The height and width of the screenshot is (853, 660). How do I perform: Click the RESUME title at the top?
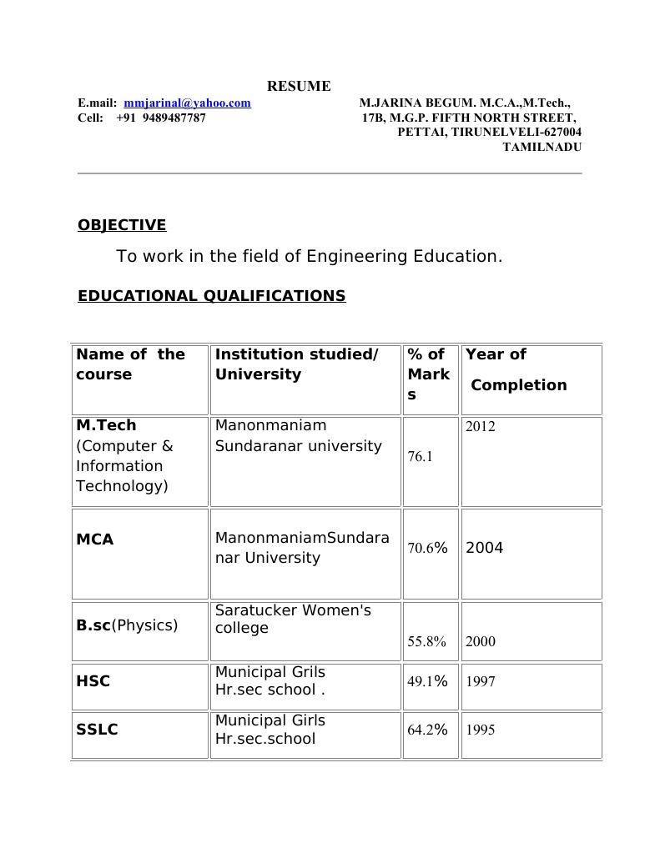tap(299, 86)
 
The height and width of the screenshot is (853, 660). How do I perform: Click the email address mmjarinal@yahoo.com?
tap(187, 103)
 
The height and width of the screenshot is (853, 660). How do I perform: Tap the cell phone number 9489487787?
tap(174, 118)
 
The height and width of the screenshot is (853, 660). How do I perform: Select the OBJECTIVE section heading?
tap(122, 225)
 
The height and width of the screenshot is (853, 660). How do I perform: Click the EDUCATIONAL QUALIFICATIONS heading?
tap(211, 296)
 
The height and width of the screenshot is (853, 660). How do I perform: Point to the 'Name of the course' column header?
tap(130, 364)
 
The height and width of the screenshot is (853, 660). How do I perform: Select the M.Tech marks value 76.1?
tap(420, 457)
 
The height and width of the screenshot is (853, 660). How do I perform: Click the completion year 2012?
tap(480, 427)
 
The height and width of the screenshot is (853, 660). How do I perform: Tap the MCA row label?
tap(95, 539)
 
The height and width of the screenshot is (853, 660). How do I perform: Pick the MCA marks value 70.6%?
tap(427, 548)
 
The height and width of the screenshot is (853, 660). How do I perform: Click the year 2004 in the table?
tap(484, 548)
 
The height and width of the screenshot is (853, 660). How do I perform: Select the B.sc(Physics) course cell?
tap(127, 625)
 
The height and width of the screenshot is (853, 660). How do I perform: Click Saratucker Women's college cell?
tap(293, 619)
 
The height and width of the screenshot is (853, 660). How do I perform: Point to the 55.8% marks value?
tap(426, 642)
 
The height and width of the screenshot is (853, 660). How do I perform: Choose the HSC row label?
tap(93, 681)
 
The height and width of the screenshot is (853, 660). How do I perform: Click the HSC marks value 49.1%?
tap(427, 681)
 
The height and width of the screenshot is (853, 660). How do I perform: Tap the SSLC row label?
tap(97, 730)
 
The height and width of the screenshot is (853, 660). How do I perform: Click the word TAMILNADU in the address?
tap(542, 147)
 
